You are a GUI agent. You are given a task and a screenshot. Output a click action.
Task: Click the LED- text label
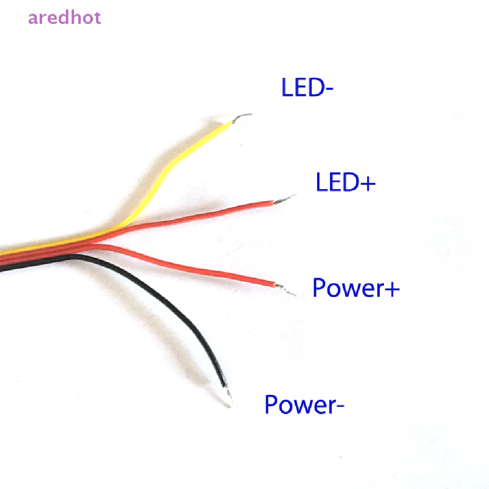(307, 88)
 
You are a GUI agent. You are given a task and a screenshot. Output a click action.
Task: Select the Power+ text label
(356, 288)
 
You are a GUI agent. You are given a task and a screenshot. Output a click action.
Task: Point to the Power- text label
(304, 404)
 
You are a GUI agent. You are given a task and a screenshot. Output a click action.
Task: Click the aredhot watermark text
(64, 18)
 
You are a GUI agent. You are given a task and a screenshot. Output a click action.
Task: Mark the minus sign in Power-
(340, 407)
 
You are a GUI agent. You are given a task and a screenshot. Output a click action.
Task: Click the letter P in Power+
(319, 287)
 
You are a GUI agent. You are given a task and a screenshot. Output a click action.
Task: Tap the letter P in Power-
(272, 404)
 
